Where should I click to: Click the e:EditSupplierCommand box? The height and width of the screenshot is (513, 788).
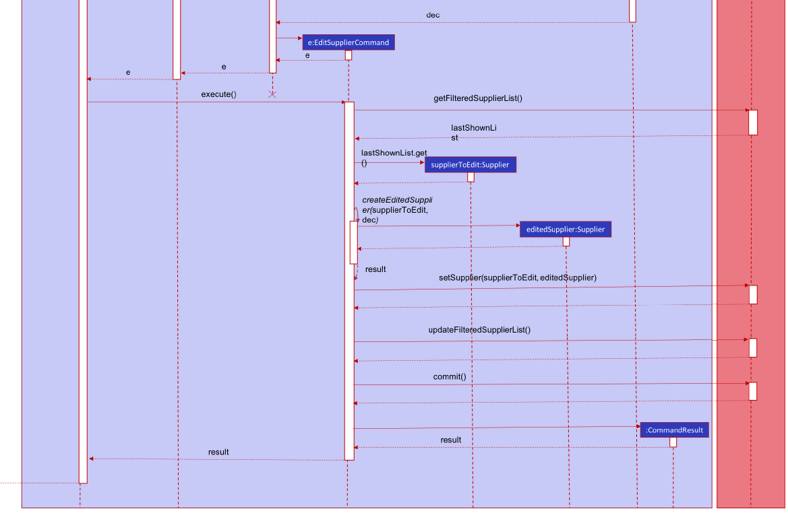(348, 42)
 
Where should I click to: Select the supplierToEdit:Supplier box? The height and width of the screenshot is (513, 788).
(470, 164)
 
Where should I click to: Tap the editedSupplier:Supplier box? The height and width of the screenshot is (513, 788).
(566, 229)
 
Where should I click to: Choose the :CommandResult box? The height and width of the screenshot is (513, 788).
(674, 430)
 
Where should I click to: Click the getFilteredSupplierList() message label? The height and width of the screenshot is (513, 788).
(477, 98)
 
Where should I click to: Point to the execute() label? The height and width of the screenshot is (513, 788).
(218, 94)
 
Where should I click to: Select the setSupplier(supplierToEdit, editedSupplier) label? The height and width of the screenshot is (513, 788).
(517, 277)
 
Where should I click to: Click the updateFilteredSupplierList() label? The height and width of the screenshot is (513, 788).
(479, 330)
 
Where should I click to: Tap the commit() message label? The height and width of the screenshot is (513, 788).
(450, 376)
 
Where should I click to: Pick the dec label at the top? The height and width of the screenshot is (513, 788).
(433, 15)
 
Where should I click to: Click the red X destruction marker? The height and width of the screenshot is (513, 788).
(272, 95)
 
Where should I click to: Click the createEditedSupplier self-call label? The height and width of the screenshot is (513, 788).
(396, 210)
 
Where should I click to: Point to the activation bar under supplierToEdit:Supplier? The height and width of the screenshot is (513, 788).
(471, 177)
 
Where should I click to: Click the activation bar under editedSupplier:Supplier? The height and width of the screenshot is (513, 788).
(566, 242)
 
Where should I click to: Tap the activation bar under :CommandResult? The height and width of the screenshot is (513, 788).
(673, 442)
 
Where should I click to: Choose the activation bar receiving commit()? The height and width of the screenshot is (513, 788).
(753, 391)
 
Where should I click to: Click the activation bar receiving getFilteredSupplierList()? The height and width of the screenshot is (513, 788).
(753, 123)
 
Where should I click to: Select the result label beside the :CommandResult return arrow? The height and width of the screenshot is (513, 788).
(451, 440)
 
